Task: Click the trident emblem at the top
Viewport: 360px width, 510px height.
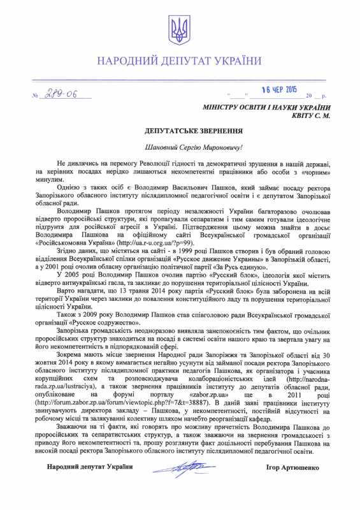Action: pos(180,27)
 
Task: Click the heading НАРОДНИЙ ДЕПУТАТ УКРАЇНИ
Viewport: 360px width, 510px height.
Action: pos(180,61)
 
